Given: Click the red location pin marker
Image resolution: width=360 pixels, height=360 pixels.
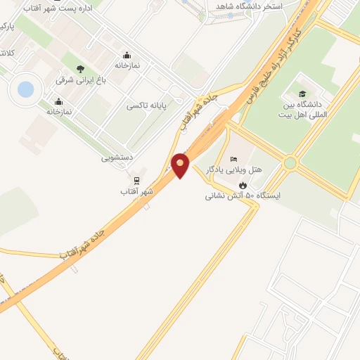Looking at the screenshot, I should pyautogui.click(x=181, y=165).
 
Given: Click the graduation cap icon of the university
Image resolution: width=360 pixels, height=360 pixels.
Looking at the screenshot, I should pyautogui.click(x=302, y=94).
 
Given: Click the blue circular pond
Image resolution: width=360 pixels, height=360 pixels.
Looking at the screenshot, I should pyautogui.click(x=25, y=89).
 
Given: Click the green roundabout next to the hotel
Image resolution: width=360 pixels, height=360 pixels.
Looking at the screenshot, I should pyautogui.click(x=290, y=163).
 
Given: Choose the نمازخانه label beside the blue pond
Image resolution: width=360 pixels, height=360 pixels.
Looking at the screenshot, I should pyautogui.click(x=60, y=111).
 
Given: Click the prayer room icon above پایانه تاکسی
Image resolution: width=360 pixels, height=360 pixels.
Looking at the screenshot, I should pyautogui.click(x=127, y=54).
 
